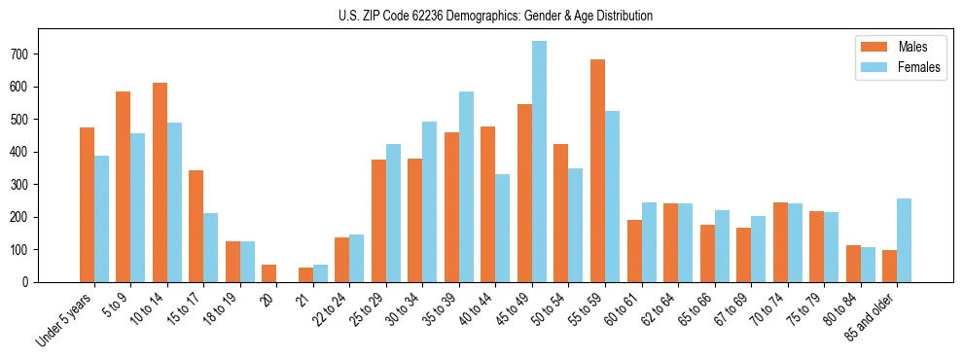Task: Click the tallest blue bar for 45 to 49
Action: pyautogui.click(x=539, y=162)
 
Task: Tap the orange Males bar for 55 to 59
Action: pyautogui.click(x=597, y=170)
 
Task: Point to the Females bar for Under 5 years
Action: pyautogui.click(x=101, y=219)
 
